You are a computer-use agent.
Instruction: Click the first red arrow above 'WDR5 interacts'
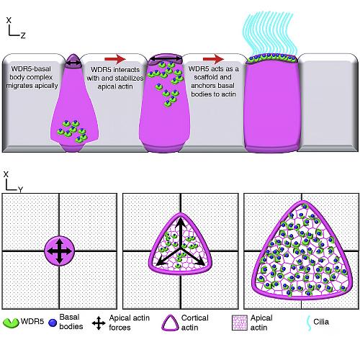click(x=115, y=59)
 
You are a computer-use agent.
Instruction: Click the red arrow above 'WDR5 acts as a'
click(x=213, y=59)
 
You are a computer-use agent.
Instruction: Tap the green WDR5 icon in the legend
click(x=11, y=323)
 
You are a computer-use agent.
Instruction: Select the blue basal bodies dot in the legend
click(x=53, y=323)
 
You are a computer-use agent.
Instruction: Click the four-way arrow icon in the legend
click(x=99, y=323)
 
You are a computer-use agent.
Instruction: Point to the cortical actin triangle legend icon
click(x=170, y=323)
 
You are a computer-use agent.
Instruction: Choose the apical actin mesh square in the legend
click(x=240, y=323)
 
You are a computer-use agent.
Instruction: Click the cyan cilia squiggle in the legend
click(x=310, y=323)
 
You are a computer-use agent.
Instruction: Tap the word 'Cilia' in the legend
click(x=321, y=322)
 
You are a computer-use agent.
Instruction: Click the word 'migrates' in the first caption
click(x=17, y=86)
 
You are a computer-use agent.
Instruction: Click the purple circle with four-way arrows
click(x=60, y=251)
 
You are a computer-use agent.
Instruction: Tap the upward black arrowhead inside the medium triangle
click(x=180, y=222)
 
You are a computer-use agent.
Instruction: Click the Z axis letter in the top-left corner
click(x=23, y=35)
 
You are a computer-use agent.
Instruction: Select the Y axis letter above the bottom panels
click(x=20, y=190)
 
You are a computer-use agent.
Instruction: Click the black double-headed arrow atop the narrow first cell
click(x=73, y=63)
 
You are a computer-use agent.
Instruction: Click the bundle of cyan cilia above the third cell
click(x=271, y=34)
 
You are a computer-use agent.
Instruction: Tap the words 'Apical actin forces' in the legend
click(x=129, y=323)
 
